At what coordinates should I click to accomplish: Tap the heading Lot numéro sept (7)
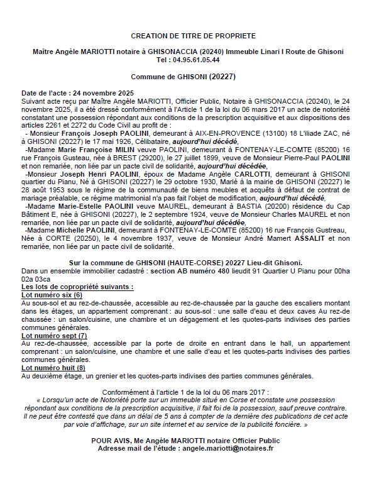(x=54, y=335)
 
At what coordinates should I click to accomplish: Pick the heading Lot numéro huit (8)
(x=53, y=368)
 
